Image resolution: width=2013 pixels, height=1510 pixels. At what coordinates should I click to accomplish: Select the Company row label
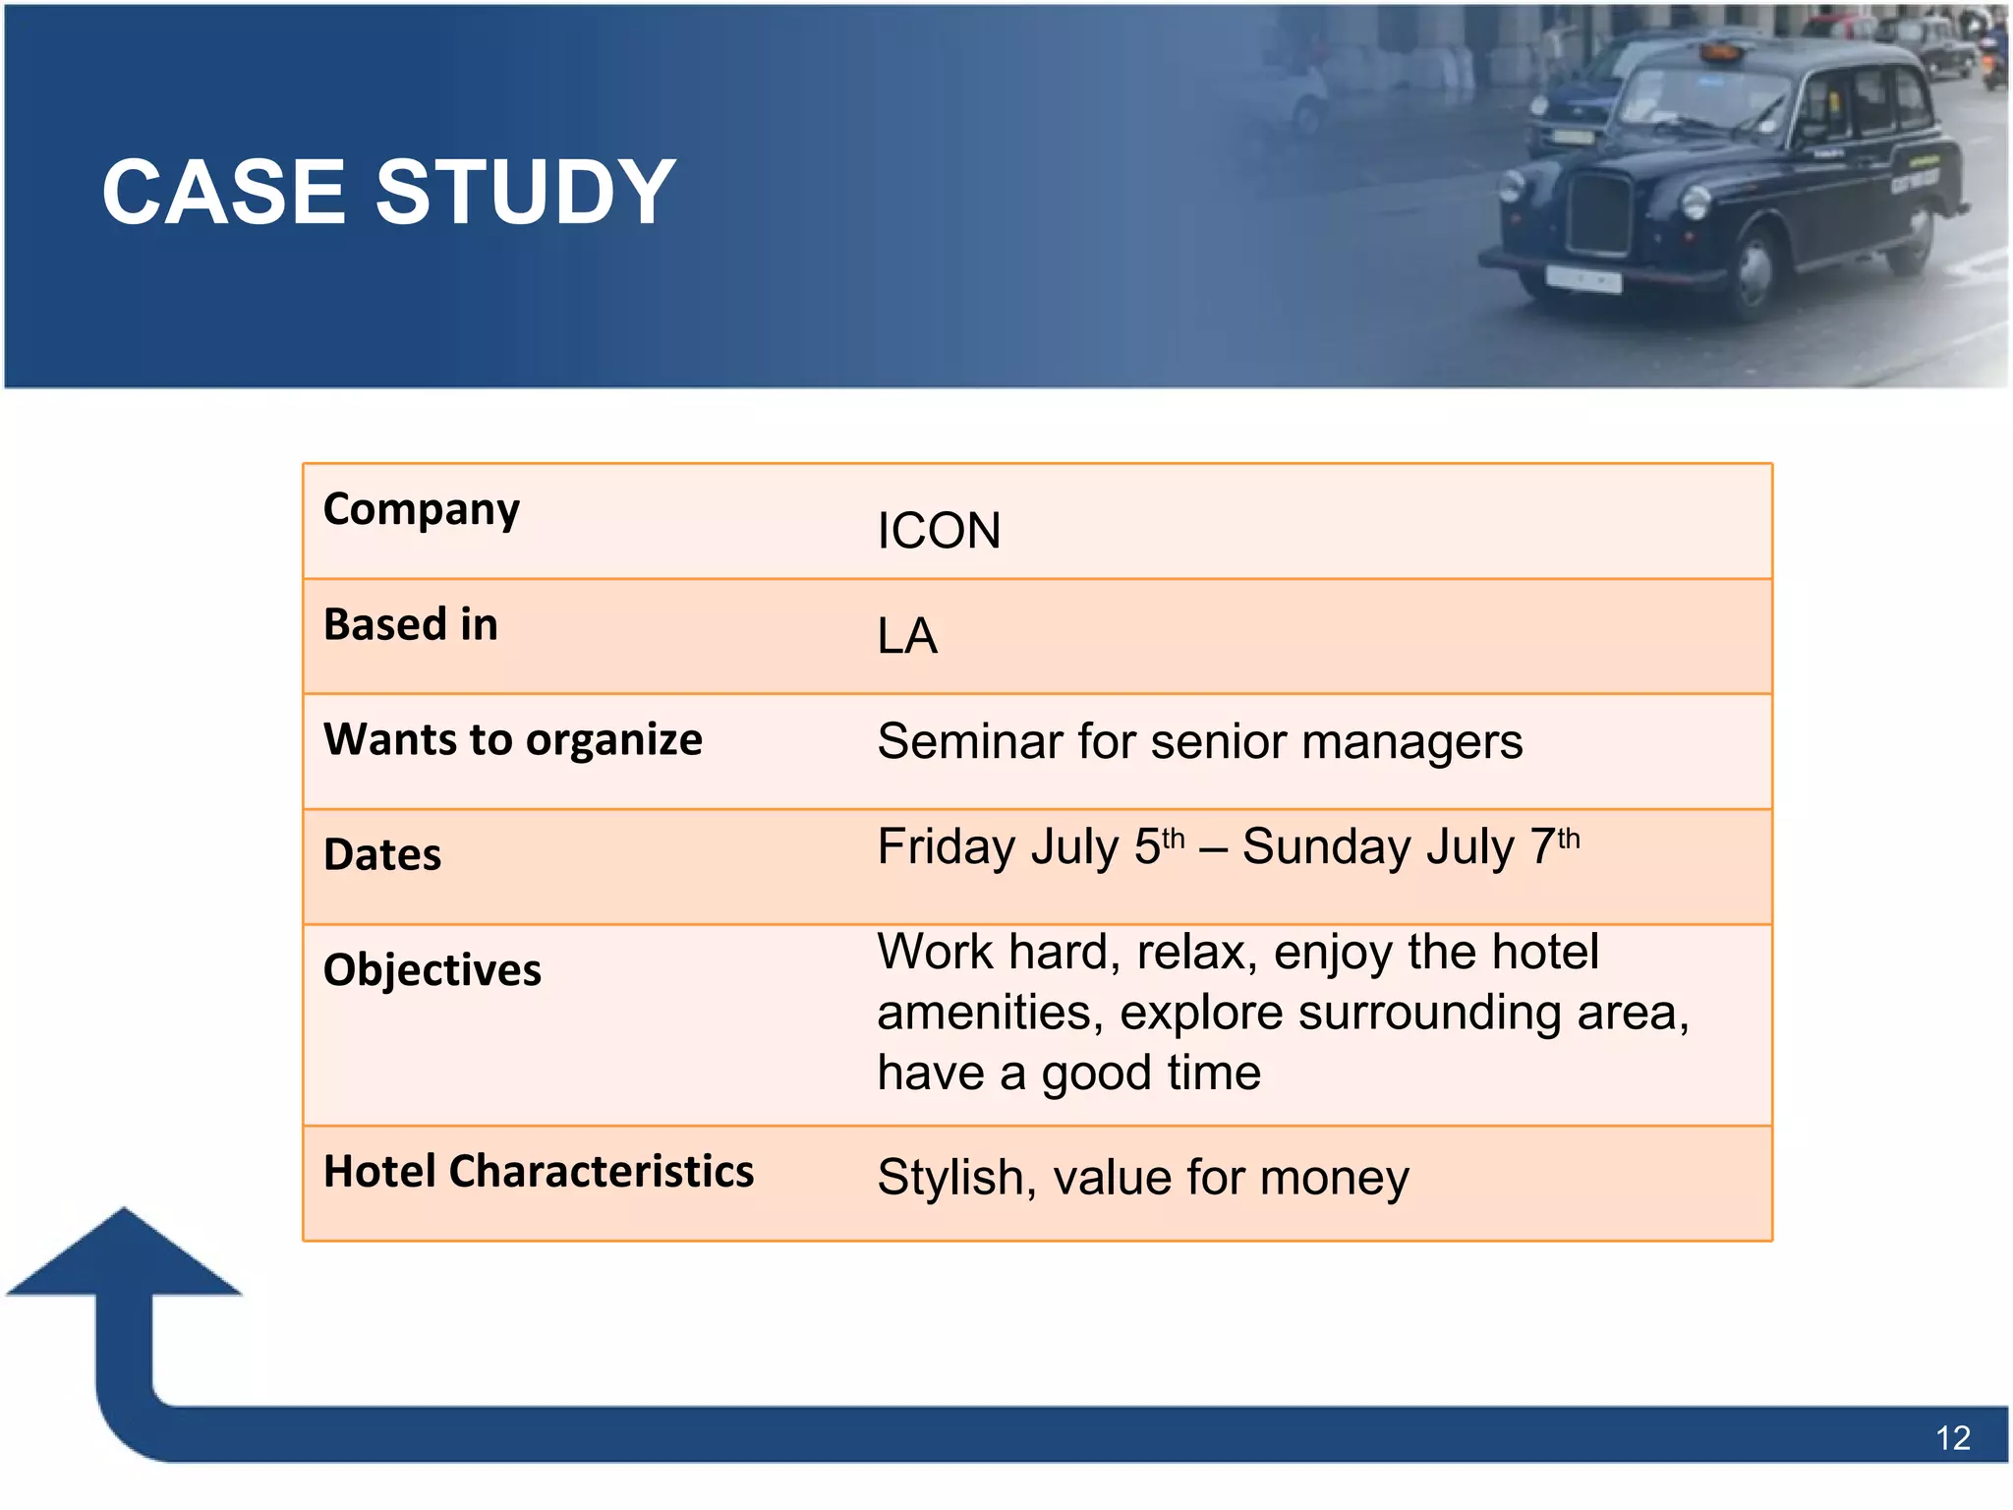coord(422,510)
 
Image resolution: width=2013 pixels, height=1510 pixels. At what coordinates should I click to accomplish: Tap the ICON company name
coord(939,531)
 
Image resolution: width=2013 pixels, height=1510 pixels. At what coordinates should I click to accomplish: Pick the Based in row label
coord(411,625)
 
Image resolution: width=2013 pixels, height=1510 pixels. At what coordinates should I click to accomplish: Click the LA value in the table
coord(906,636)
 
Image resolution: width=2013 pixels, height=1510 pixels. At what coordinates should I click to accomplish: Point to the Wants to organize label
coord(513,739)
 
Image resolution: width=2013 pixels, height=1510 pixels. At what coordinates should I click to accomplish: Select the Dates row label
coord(382,855)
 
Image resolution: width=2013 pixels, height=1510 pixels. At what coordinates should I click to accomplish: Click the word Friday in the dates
coord(944,846)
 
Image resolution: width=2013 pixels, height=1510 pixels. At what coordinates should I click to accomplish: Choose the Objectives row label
coord(432,970)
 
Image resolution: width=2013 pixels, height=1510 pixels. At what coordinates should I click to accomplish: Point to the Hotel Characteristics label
coord(539,1172)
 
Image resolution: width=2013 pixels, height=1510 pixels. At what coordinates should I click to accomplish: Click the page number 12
coord(1952,1438)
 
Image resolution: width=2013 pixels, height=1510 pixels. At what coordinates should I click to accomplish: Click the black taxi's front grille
coord(1599,213)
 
